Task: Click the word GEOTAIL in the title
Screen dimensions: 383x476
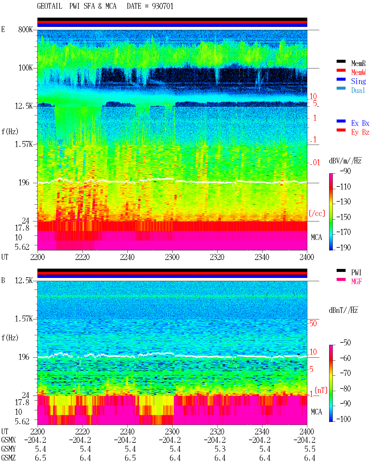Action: point(50,6)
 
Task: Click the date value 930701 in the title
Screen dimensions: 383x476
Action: point(162,6)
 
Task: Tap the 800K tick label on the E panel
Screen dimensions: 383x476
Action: point(25,29)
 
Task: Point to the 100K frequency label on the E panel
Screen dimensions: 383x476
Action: point(25,68)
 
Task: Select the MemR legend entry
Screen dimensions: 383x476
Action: point(358,63)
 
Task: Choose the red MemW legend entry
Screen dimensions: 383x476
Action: point(358,72)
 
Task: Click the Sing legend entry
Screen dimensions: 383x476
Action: point(358,81)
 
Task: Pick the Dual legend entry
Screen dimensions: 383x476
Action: point(358,90)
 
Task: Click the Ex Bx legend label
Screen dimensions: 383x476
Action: point(360,123)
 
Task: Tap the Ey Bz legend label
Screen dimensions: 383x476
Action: point(360,132)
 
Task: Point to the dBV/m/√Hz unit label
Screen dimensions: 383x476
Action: point(345,161)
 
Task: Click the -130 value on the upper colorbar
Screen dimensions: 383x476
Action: point(344,202)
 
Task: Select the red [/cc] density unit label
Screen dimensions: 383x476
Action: point(317,213)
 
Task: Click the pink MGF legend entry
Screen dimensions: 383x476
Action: point(356,281)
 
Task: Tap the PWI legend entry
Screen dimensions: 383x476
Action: point(356,273)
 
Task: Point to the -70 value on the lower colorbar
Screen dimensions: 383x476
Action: point(345,373)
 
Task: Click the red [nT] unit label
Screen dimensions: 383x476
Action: point(321,390)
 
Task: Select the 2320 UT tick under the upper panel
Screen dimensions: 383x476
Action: point(217,257)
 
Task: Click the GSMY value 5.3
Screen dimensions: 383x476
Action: point(220,449)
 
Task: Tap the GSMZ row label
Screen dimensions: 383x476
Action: point(8,458)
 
